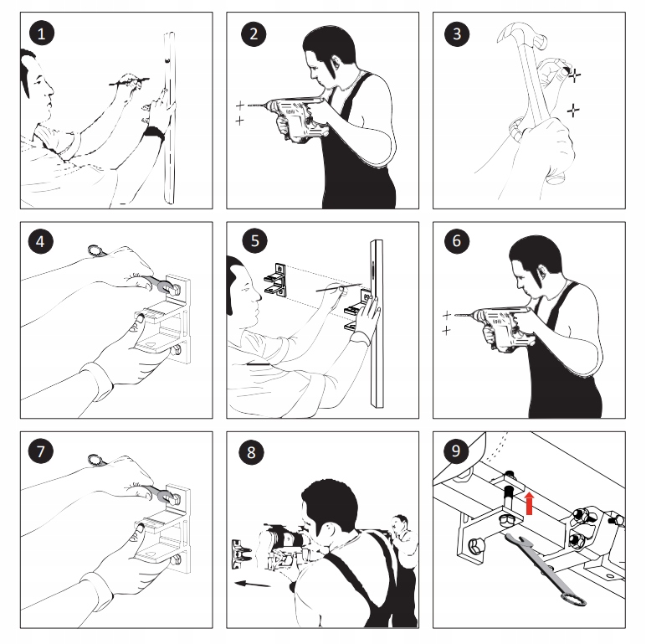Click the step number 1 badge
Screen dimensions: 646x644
[42, 33]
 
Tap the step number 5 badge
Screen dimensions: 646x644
[254, 241]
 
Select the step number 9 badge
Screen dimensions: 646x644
[456, 451]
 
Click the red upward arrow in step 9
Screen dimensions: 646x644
[530, 503]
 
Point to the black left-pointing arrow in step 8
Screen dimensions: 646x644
[252, 584]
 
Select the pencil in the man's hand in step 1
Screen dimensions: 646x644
[129, 80]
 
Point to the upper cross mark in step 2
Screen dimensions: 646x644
[240, 106]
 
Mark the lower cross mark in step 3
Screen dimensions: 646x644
[573, 111]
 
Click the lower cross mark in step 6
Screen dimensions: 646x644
[446, 331]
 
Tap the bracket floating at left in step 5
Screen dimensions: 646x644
[275, 280]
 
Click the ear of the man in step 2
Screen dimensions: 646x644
[334, 64]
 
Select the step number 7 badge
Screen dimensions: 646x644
[41, 451]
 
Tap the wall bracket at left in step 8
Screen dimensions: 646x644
[241, 554]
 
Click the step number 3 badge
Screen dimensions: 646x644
[457, 33]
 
